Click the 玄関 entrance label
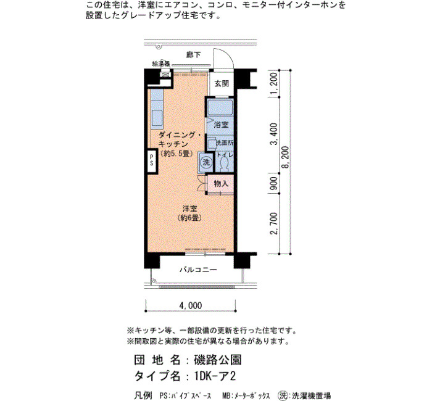pyautogui.click(x=222, y=83)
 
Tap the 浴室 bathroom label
pyautogui.click(x=221, y=125)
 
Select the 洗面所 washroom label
pyautogui.click(x=225, y=143)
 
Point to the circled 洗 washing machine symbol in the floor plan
pyautogui.click(x=206, y=162)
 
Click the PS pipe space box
pyautogui.click(x=152, y=161)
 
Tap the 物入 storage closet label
pyautogui.click(x=221, y=183)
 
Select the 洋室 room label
pyautogui.click(x=190, y=209)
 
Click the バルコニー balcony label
pyautogui.click(x=198, y=270)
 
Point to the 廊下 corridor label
pyautogui.click(x=193, y=55)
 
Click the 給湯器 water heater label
pyautogui.click(x=161, y=64)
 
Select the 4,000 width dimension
pyautogui.click(x=191, y=305)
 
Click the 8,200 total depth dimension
pyautogui.click(x=286, y=157)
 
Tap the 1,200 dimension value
pyautogui.click(x=274, y=83)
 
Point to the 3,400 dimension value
pyautogui.click(x=274, y=134)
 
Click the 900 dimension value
pyautogui.click(x=274, y=183)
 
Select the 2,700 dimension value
pyautogui.click(x=274, y=223)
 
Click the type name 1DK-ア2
pyautogui.click(x=215, y=376)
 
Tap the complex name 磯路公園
pyautogui.click(x=218, y=360)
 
